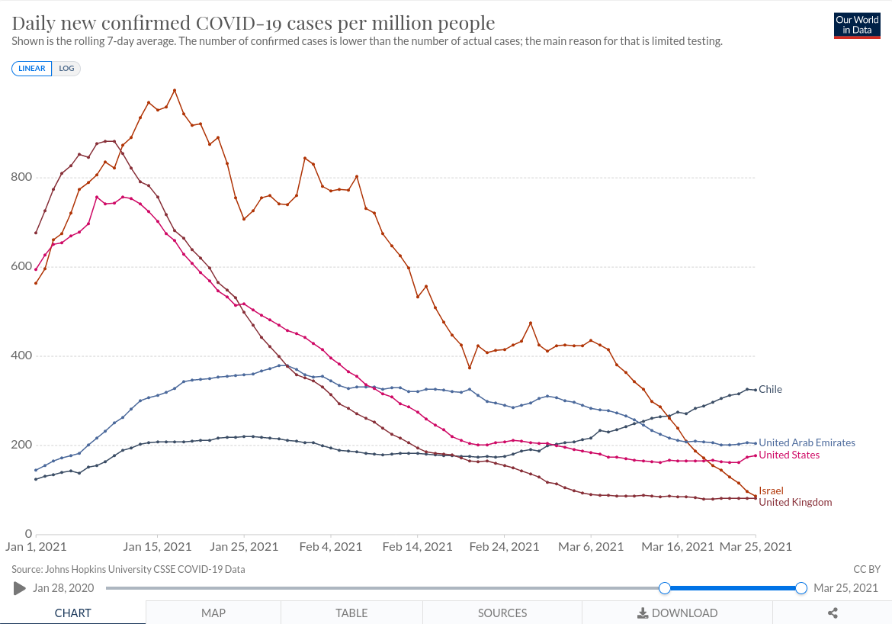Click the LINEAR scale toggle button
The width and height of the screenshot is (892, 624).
[x=32, y=69]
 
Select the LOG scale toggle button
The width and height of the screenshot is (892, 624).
[x=67, y=69]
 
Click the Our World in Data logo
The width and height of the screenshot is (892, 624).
[x=857, y=25]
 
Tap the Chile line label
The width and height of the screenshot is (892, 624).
[x=770, y=389]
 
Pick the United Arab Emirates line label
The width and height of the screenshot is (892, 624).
[x=807, y=442]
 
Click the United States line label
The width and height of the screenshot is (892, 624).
[x=789, y=455]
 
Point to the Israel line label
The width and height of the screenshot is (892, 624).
[x=771, y=491]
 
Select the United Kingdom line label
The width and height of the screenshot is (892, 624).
[x=795, y=502]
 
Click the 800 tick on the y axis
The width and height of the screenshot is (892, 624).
[x=21, y=178]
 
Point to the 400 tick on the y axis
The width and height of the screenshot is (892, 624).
[x=21, y=356]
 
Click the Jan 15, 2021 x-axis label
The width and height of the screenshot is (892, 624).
[x=157, y=547]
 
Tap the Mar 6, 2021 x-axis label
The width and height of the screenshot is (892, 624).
[x=591, y=547]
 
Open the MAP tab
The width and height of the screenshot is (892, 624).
[x=213, y=613]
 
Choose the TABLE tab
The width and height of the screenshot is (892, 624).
[x=351, y=613]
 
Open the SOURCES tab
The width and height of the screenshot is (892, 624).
[x=502, y=613]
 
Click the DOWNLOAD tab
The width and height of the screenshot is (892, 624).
[x=678, y=613]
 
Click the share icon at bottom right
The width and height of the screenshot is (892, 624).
[x=833, y=613]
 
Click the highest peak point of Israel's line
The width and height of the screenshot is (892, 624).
[x=175, y=90]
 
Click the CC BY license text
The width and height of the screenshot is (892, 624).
[x=867, y=569]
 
